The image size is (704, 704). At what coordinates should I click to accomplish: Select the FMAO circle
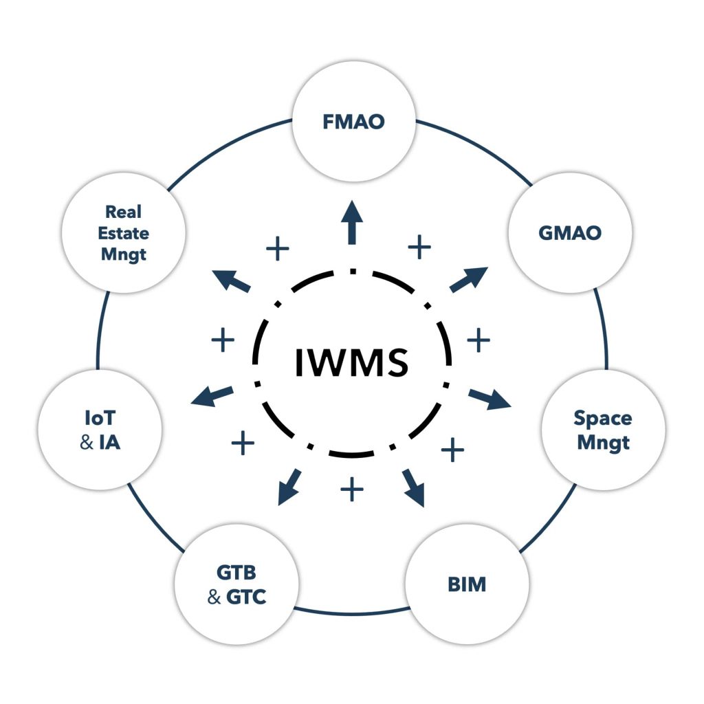353,122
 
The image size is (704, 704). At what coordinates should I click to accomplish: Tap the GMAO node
569,232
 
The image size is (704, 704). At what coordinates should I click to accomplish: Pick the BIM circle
467,584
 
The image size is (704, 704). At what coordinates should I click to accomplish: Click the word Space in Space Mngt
603,417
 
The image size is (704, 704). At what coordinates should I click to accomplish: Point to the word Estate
124,233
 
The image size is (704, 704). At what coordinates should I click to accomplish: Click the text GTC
245,597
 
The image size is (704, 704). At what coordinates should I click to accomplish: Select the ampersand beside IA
87,442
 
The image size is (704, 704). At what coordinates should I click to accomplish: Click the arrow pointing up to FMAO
353,221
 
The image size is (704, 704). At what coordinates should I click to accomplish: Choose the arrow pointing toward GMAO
468,279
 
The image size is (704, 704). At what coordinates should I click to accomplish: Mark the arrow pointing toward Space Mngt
490,399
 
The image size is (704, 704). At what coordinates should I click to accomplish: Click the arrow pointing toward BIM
414,487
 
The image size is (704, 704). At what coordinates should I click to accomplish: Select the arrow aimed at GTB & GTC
289,487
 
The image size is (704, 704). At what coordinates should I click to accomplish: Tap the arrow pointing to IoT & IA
212,395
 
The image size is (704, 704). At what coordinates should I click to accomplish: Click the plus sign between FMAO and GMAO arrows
419,245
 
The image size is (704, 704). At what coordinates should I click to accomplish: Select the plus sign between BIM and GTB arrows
351,489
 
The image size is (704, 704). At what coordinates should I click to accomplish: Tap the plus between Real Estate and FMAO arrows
277,249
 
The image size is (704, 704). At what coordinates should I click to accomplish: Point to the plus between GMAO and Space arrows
478,339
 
